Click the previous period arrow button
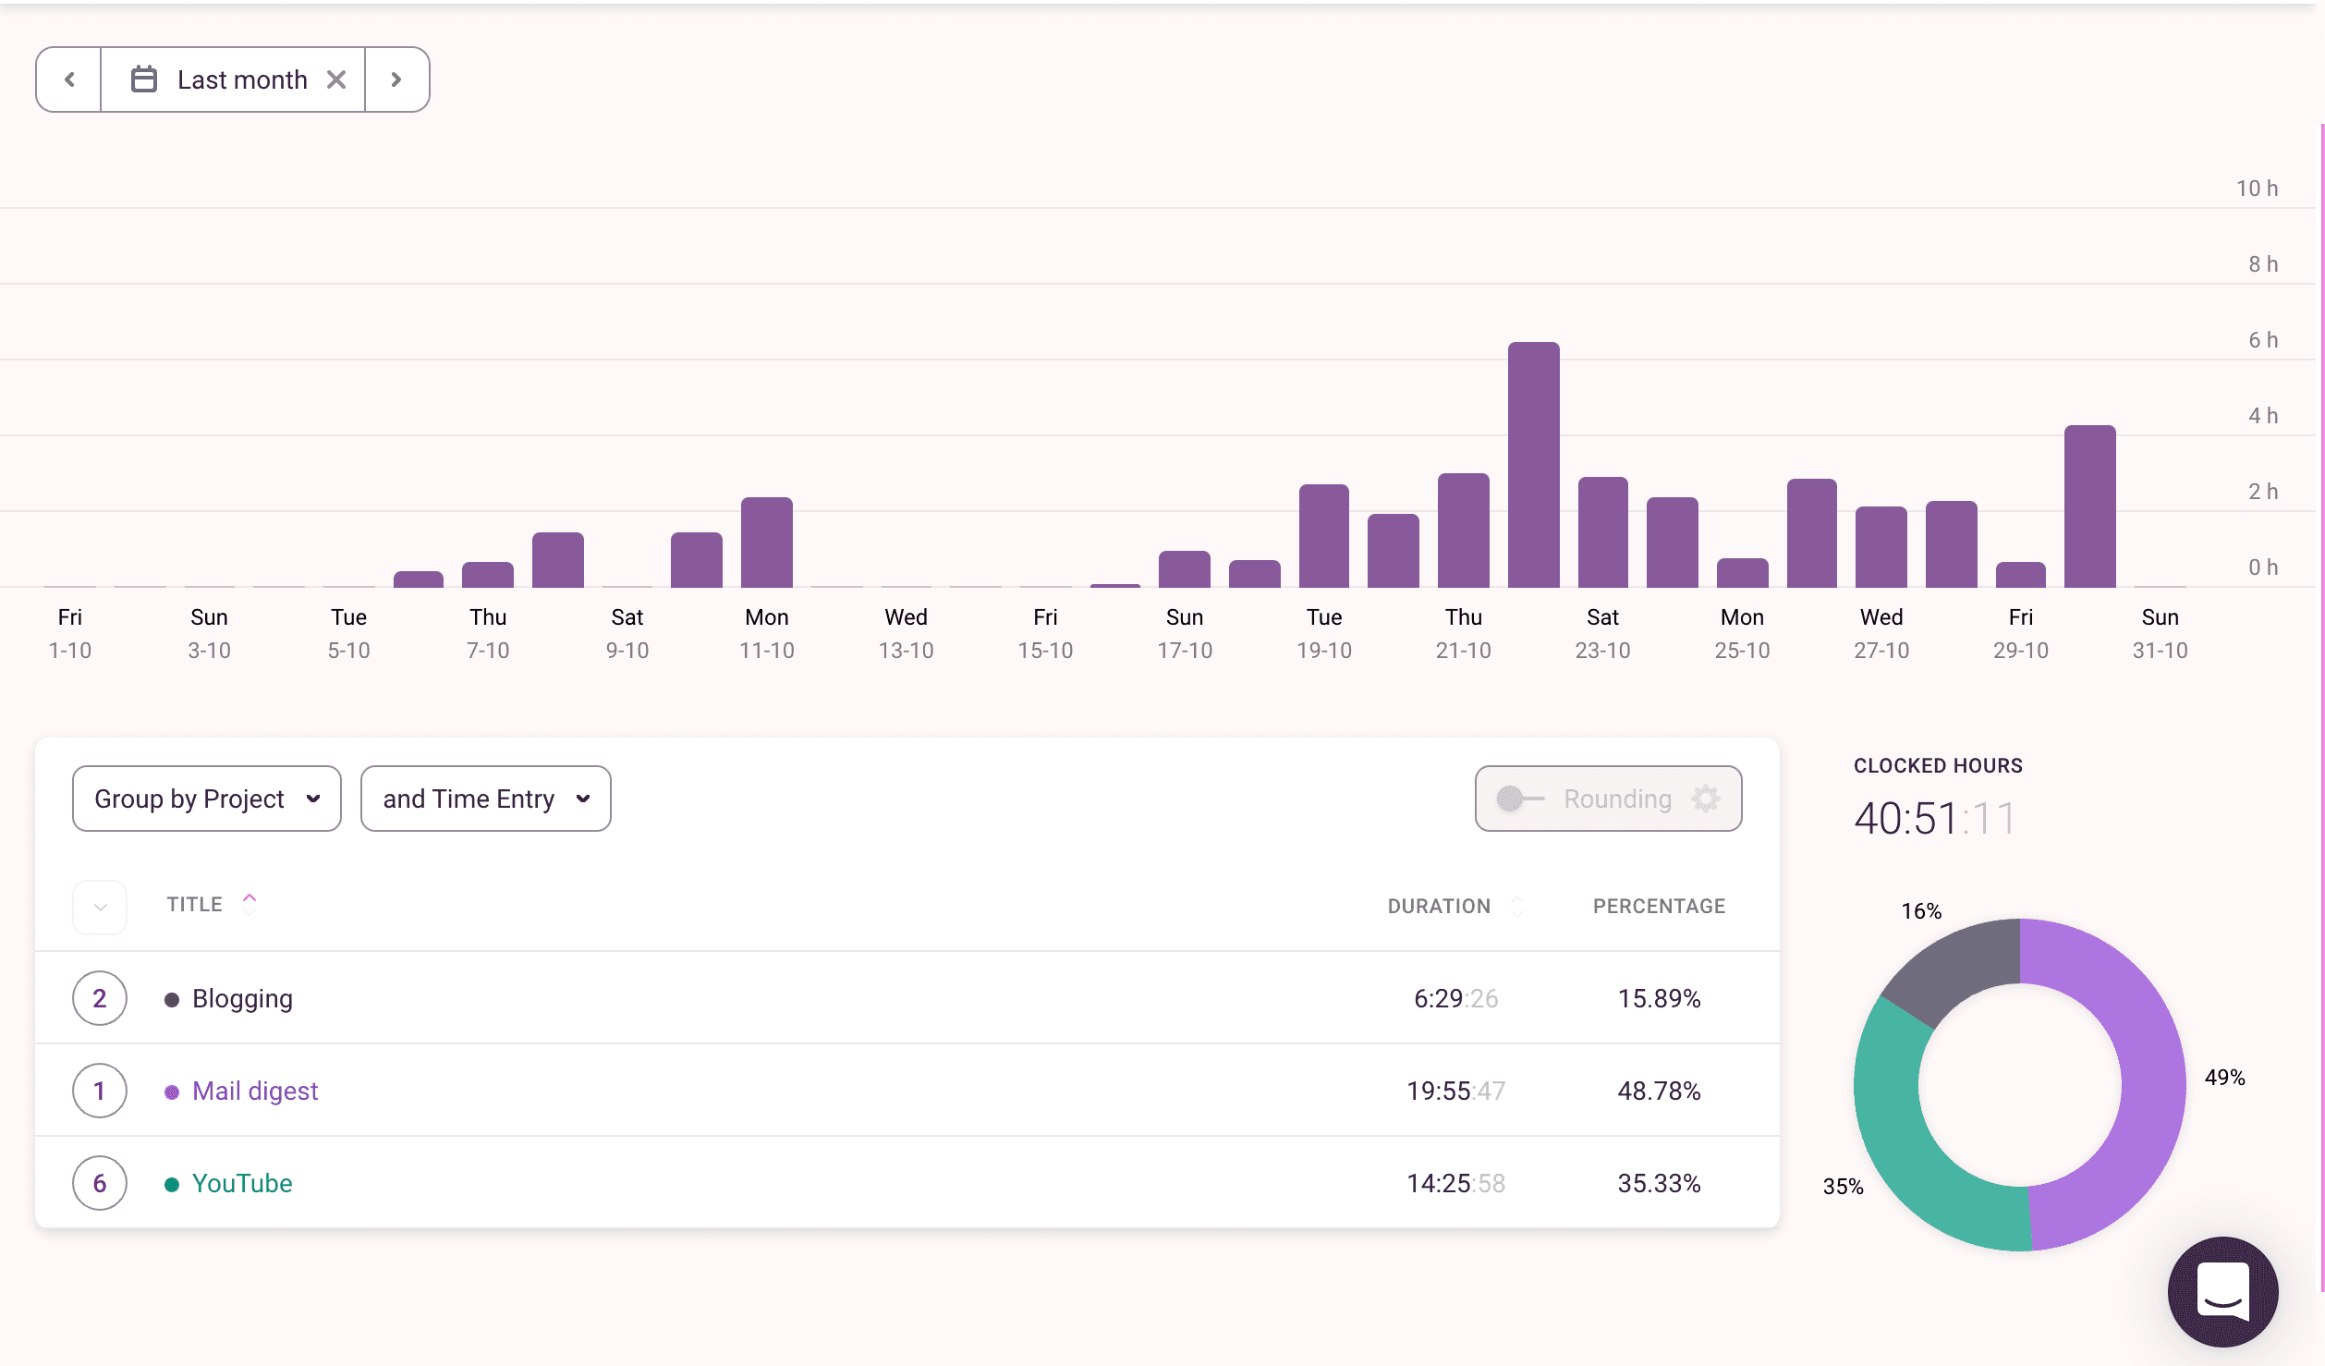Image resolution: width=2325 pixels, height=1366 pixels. pyautogui.click(x=69, y=79)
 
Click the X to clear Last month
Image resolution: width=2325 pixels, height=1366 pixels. pyautogui.click(x=336, y=79)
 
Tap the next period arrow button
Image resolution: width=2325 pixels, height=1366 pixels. pyautogui.click(x=396, y=79)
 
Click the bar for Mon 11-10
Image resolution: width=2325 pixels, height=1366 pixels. pyautogui.click(x=766, y=543)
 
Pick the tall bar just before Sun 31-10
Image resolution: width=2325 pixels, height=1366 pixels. pyautogui.click(x=2089, y=506)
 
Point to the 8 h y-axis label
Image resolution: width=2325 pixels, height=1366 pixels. pyautogui.click(x=2262, y=264)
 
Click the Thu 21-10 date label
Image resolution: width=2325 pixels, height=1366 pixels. pyautogui.click(x=1463, y=634)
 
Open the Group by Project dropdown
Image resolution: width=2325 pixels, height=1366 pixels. pyautogui.click(x=206, y=799)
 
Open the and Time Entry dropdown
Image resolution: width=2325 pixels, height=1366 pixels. pyautogui.click(x=485, y=799)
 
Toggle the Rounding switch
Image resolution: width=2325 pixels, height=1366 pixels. pyautogui.click(x=1519, y=799)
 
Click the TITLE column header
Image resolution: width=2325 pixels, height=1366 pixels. pyautogui.click(x=195, y=904)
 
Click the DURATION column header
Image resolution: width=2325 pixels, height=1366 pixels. pyautogui.click(x=1439, y=906)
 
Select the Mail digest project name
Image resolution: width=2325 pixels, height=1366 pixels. pyautogui.click(x=254, y=1091)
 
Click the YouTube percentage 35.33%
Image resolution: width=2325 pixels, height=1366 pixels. pyautogui.click(x=1659, y=1183)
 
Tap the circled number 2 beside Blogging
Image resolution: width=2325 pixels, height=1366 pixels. pyautogui.click(x=100, y=998)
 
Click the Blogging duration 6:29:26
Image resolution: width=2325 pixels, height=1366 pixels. pyautogui.click(x=1455, y=998)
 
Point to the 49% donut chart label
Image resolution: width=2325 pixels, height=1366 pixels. pyautogui.click(x=2224, y=1078)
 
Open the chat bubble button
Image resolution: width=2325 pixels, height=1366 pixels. pyautogui.click(x=2222, y=1291)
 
